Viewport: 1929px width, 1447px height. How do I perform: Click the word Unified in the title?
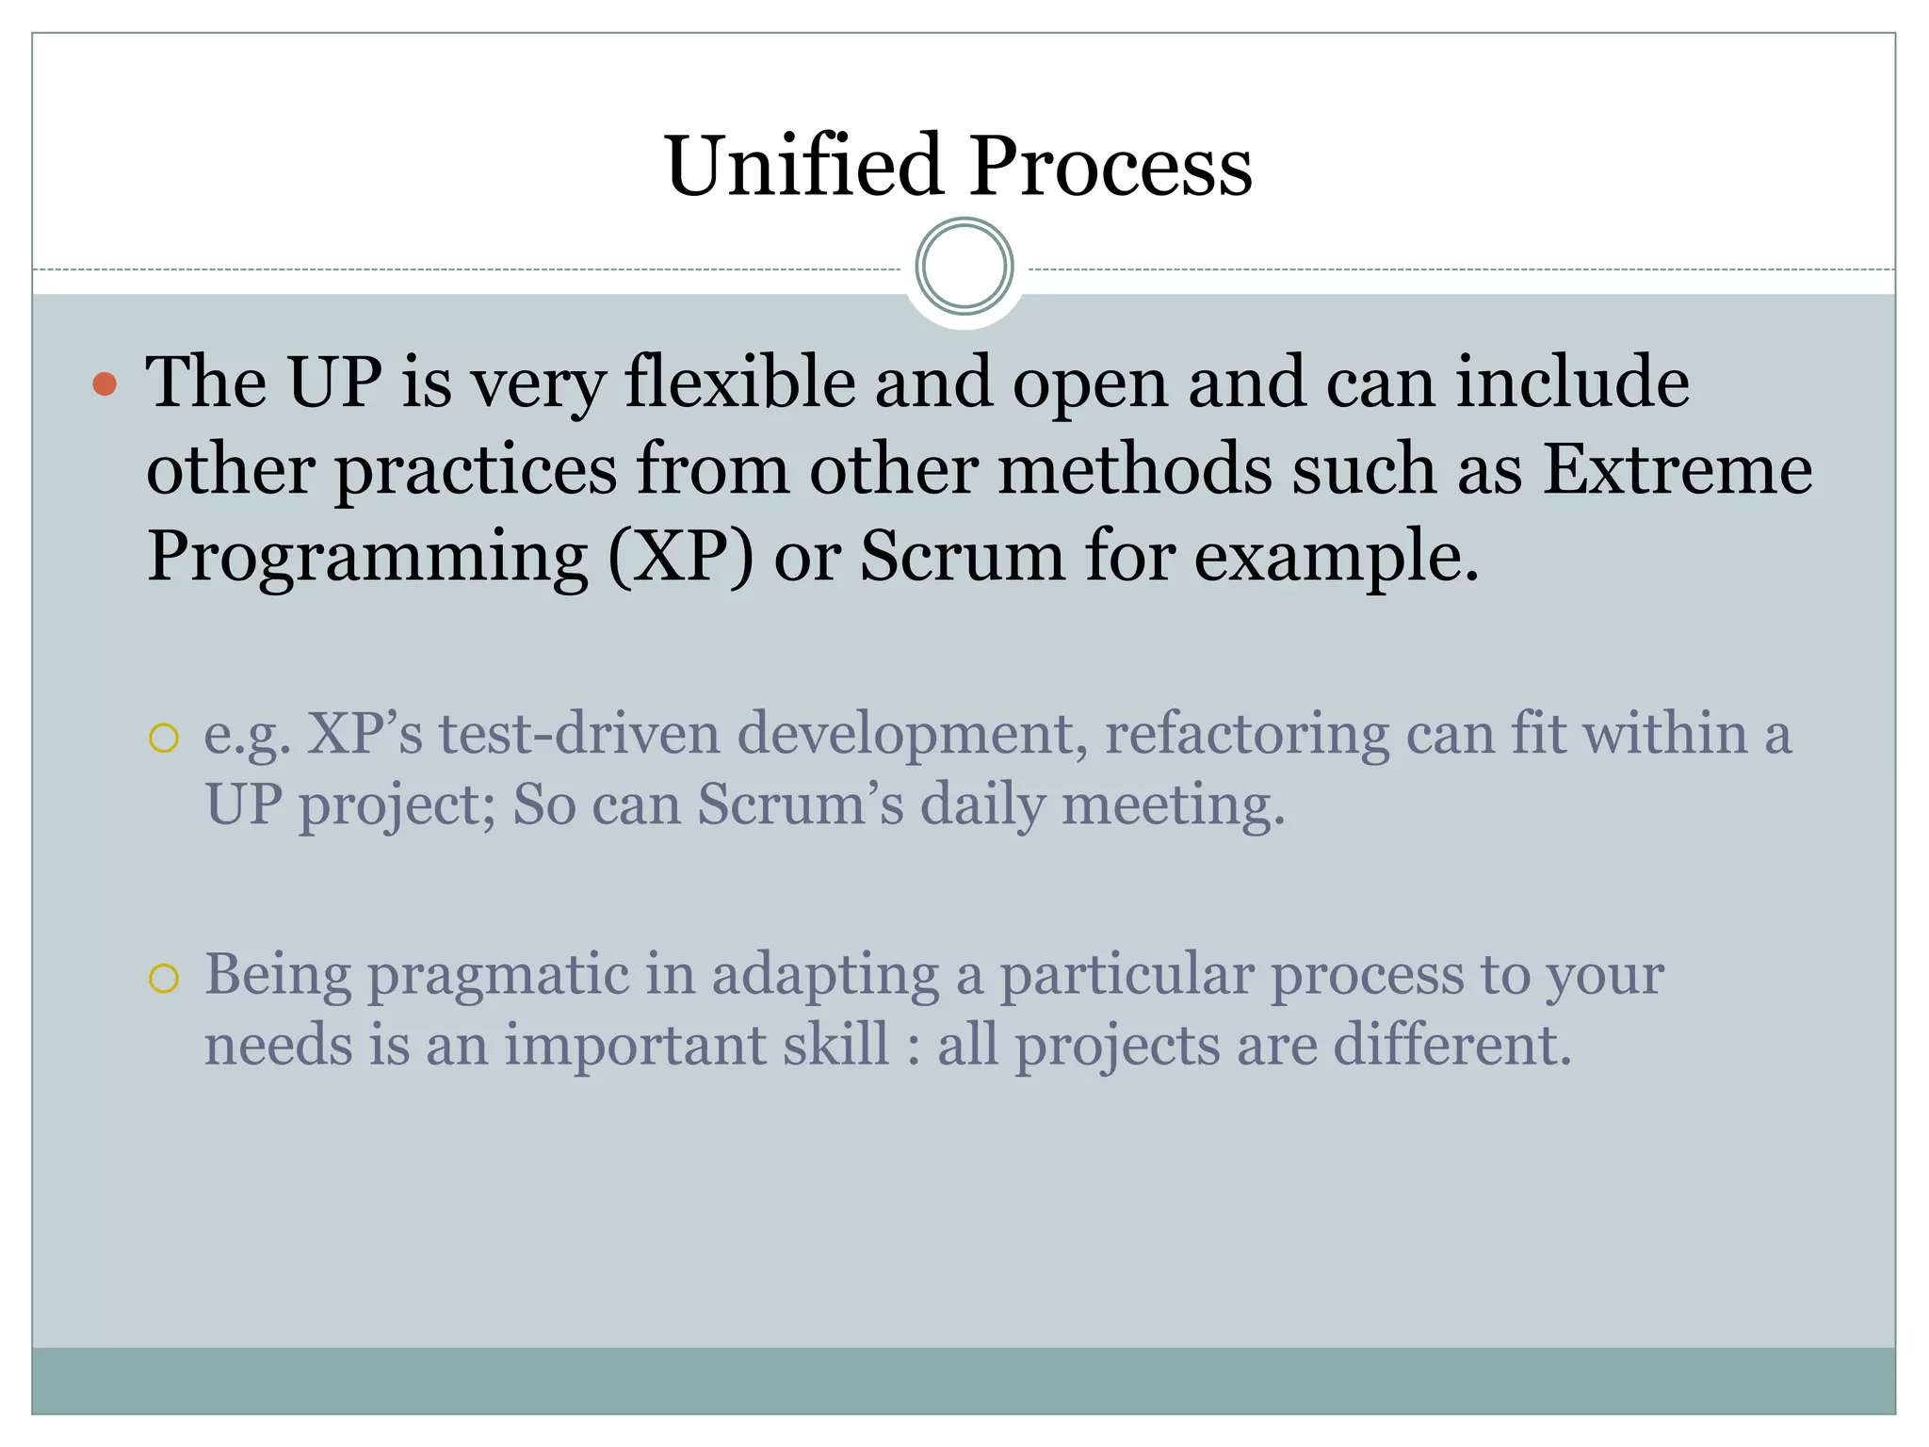point(803,166)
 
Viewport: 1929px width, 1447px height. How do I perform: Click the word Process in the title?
point(1110,166)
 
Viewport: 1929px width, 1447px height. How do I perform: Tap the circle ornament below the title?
point(964,267)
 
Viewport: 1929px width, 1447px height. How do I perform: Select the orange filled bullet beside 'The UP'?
point(105,383)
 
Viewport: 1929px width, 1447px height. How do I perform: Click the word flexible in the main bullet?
point(740,382)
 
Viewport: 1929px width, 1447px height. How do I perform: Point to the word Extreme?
point(1677,469)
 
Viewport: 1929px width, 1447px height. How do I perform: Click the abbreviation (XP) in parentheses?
point(681,556)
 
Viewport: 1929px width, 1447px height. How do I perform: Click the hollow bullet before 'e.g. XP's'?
point(164,739)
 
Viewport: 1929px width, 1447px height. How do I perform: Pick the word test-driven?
point(579,734)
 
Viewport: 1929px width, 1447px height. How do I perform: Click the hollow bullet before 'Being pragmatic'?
point(164,979)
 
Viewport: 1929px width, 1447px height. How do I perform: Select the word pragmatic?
point(498,976)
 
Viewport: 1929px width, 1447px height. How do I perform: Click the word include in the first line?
point(1572,382)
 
